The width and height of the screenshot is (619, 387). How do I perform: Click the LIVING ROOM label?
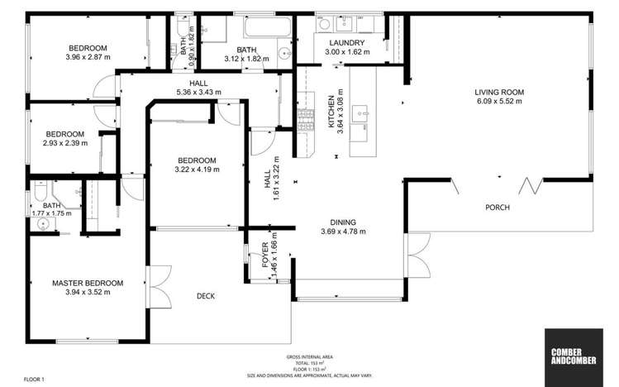[499, 93]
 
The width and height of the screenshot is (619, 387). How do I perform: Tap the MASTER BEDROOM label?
[88, 283]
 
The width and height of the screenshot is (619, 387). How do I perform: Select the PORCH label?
[497, 207]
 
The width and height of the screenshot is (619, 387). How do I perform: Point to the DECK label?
[207, 295]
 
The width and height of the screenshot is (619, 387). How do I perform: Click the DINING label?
[343, 222]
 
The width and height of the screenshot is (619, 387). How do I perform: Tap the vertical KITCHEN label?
[332, 112]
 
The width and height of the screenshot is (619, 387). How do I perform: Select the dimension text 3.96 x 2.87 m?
[88, 57]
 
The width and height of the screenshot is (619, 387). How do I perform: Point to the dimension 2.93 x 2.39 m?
[64, 143]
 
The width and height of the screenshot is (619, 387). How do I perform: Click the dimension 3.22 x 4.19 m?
[196, 170]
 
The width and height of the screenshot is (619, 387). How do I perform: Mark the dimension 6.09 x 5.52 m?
[499, 102]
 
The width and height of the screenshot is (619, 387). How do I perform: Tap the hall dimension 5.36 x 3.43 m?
[198, 93]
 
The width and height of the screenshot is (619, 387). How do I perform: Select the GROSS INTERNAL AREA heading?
[310, 356]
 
